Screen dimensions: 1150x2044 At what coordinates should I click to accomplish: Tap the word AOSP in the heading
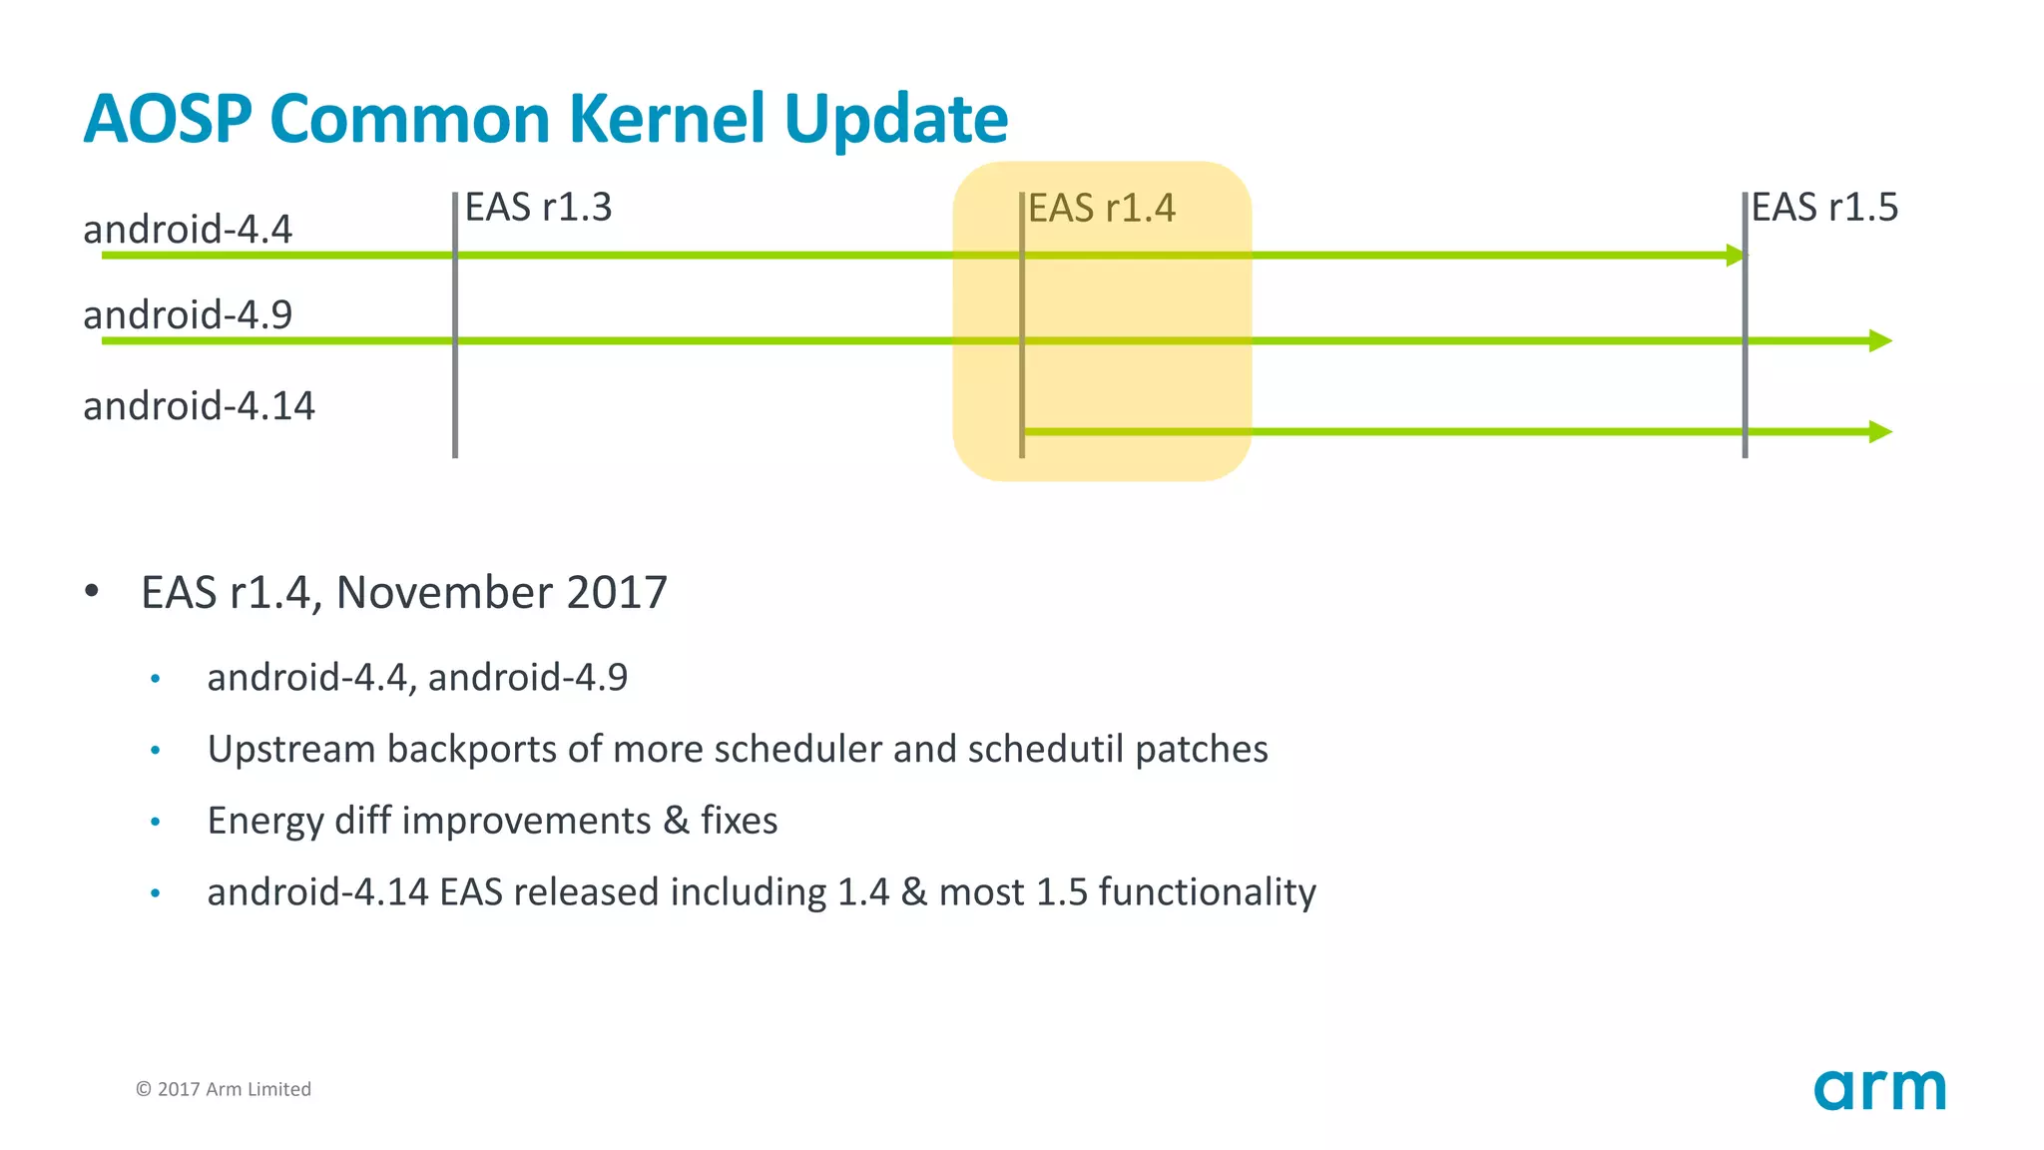tap(168, 119)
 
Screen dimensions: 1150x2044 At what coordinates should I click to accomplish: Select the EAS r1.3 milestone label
tap(538, 208)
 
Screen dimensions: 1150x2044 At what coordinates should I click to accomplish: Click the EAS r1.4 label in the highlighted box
tap(1102, 209)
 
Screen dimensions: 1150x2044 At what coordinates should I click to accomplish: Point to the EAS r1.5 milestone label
tap(1824, 208)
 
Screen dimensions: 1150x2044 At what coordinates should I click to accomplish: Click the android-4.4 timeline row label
tap(188, 230)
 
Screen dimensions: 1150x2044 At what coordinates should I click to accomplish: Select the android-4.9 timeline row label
tap(188, 315)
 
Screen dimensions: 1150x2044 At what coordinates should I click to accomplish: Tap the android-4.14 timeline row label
tap(199, 406)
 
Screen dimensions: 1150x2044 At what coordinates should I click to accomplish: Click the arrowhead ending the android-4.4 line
tap(1737, 256)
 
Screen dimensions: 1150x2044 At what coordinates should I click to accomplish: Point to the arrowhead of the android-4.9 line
tap(1880, 341)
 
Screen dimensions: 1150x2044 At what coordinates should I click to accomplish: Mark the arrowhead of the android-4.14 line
tap(1880, 432)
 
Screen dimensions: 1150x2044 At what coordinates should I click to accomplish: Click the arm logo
tap(1879, 1089)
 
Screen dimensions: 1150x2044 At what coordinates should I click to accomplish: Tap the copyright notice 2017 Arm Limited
tap(224, 1089)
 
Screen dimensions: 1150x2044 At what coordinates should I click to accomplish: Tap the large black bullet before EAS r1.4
tap(92, 591)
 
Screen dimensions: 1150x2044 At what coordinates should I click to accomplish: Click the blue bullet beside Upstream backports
tap(155, 751)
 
